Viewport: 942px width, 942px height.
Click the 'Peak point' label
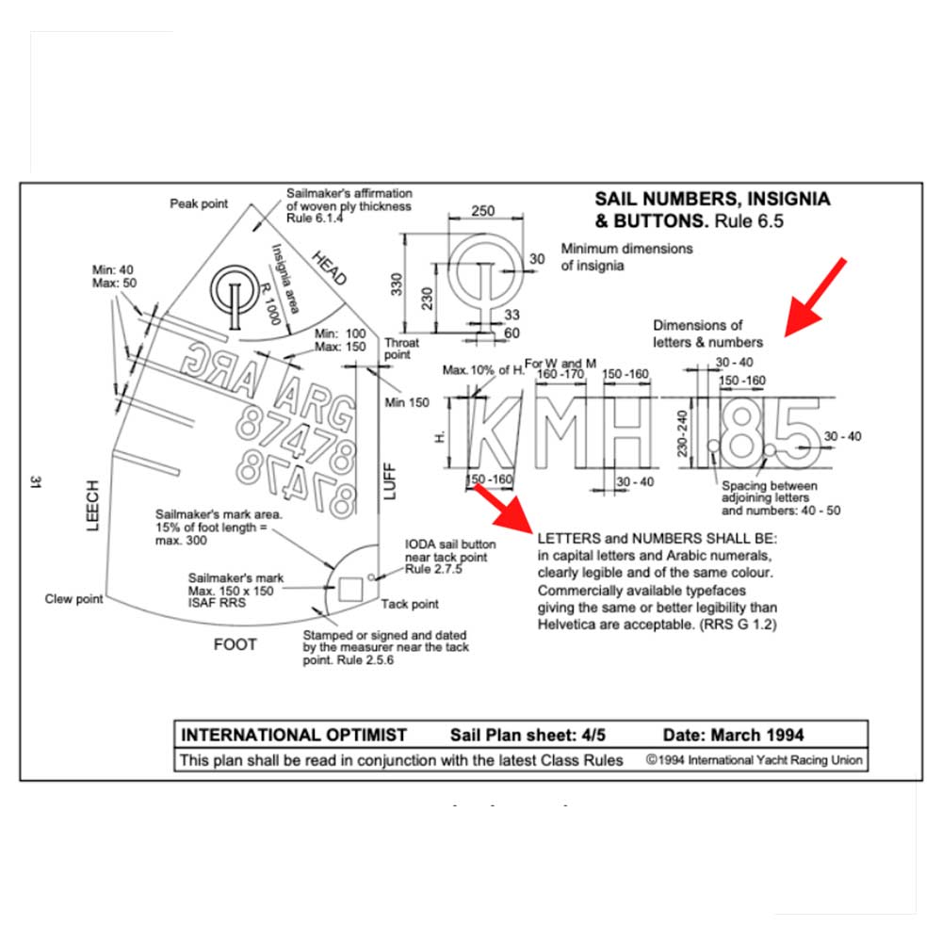click(x=199, y=203)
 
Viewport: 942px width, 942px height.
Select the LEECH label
click(x=92, y=506)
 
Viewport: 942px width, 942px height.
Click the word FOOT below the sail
click(x=235, y=645)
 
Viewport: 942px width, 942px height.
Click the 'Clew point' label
click(x=73, y=599)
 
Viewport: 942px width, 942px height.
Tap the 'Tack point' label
click(x=409, y=604)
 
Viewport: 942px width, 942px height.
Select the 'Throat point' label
click(x=401, y=349)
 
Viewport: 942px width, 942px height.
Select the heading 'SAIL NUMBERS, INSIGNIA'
click(x=712, y=200)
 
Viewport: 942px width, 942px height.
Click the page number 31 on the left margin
click(x=34, y=482)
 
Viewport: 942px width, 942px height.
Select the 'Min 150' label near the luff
click(x=408, y=402)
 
